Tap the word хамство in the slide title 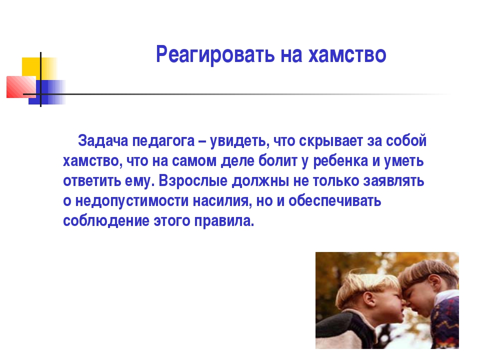click(x=347, y=55)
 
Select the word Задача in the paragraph click(x=103, y=141)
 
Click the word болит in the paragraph click(x=277, y=160)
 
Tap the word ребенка click(x=340, y=160)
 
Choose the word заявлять click(x=393, y=181)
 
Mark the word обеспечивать click(x=334, y=201)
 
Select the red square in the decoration click(x=21, y=87)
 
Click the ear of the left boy click(x=369, y=298)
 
